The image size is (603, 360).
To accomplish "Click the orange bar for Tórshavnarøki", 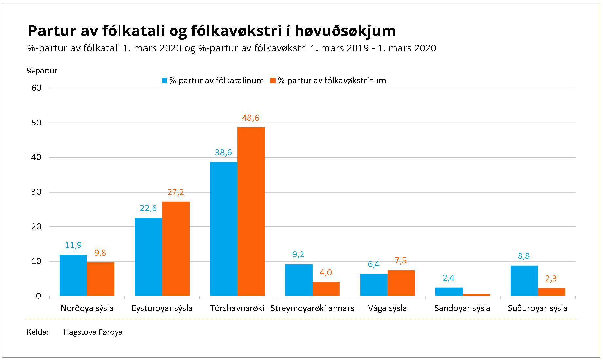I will [x=251, y=212].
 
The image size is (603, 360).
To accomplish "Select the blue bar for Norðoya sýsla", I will [x=73, y=275].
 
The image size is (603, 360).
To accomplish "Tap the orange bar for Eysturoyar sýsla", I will [x=176, y=249].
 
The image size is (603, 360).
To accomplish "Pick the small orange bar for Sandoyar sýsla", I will [x=476, y=295].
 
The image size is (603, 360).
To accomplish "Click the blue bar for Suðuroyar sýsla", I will [x=524, y=281].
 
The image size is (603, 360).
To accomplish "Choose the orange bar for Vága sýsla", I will [x=401, y=283].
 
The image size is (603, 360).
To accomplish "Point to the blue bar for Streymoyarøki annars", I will [x=299, y=280].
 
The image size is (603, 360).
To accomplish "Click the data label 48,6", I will [x=250, y=118].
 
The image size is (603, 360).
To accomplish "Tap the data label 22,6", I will [x=148, y=208].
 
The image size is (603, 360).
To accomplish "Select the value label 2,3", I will [x=551, y=279].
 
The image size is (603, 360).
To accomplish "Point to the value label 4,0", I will [x=326, y=273].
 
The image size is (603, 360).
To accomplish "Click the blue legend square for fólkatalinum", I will [x=165, y=81].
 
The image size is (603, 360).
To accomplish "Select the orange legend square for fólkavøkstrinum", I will [x=273, y=81].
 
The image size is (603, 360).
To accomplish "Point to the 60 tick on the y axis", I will [x=36, y=88].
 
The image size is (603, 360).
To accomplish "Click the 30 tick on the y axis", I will [x=36, y=192].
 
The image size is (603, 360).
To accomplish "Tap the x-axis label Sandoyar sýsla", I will [x=462, y=308].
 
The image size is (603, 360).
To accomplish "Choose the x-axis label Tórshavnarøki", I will [x=237, y=308].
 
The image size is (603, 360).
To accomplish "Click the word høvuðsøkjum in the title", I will [x=345, y=31].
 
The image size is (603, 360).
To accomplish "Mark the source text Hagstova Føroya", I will [x=93, y=332].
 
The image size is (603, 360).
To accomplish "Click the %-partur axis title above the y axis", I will [x=42, y=71].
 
